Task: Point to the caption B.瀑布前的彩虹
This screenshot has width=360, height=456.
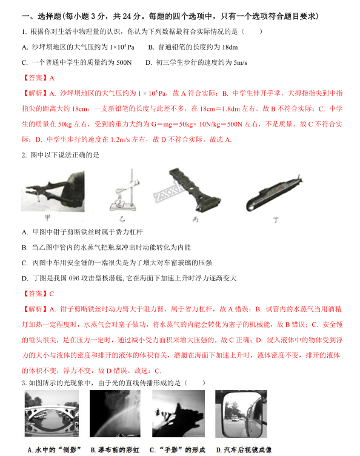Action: (x=115, y=449)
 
